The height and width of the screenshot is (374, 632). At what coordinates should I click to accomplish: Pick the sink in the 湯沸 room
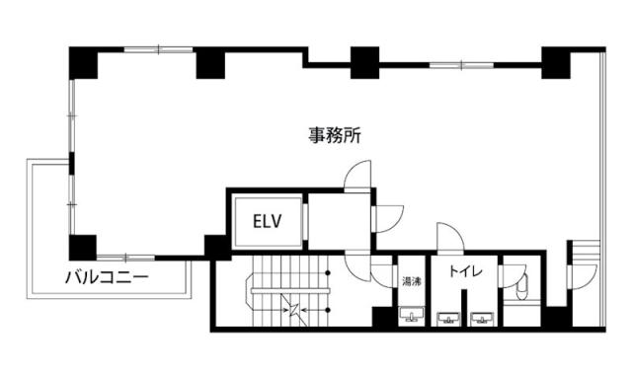pos(411,317)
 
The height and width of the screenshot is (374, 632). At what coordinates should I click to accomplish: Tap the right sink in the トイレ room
pos(482,318)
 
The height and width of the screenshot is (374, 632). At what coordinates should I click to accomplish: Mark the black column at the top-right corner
pos(556,62)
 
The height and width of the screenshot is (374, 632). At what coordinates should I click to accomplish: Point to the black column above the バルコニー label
pos(83,246)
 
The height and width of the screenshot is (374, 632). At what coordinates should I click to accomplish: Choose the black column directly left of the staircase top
pos(216,247)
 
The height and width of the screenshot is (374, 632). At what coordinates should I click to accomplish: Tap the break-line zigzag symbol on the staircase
pos(293,308)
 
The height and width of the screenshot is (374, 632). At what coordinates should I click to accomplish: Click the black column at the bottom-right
pos(556,319)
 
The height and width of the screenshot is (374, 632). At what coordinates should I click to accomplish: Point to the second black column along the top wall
pos(210,62)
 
